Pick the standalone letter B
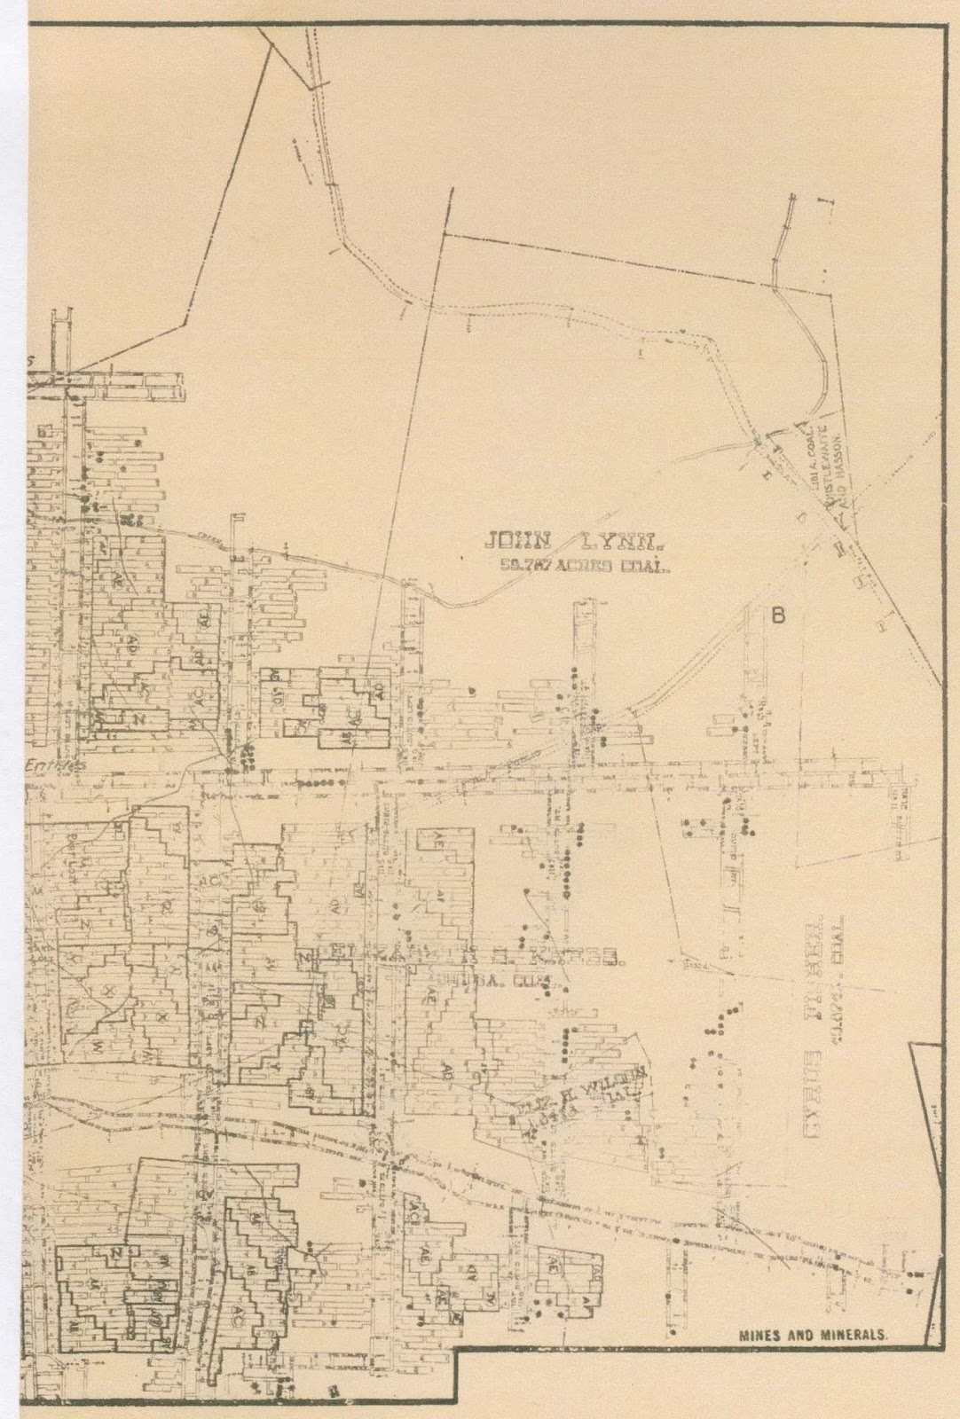point(778,614)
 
